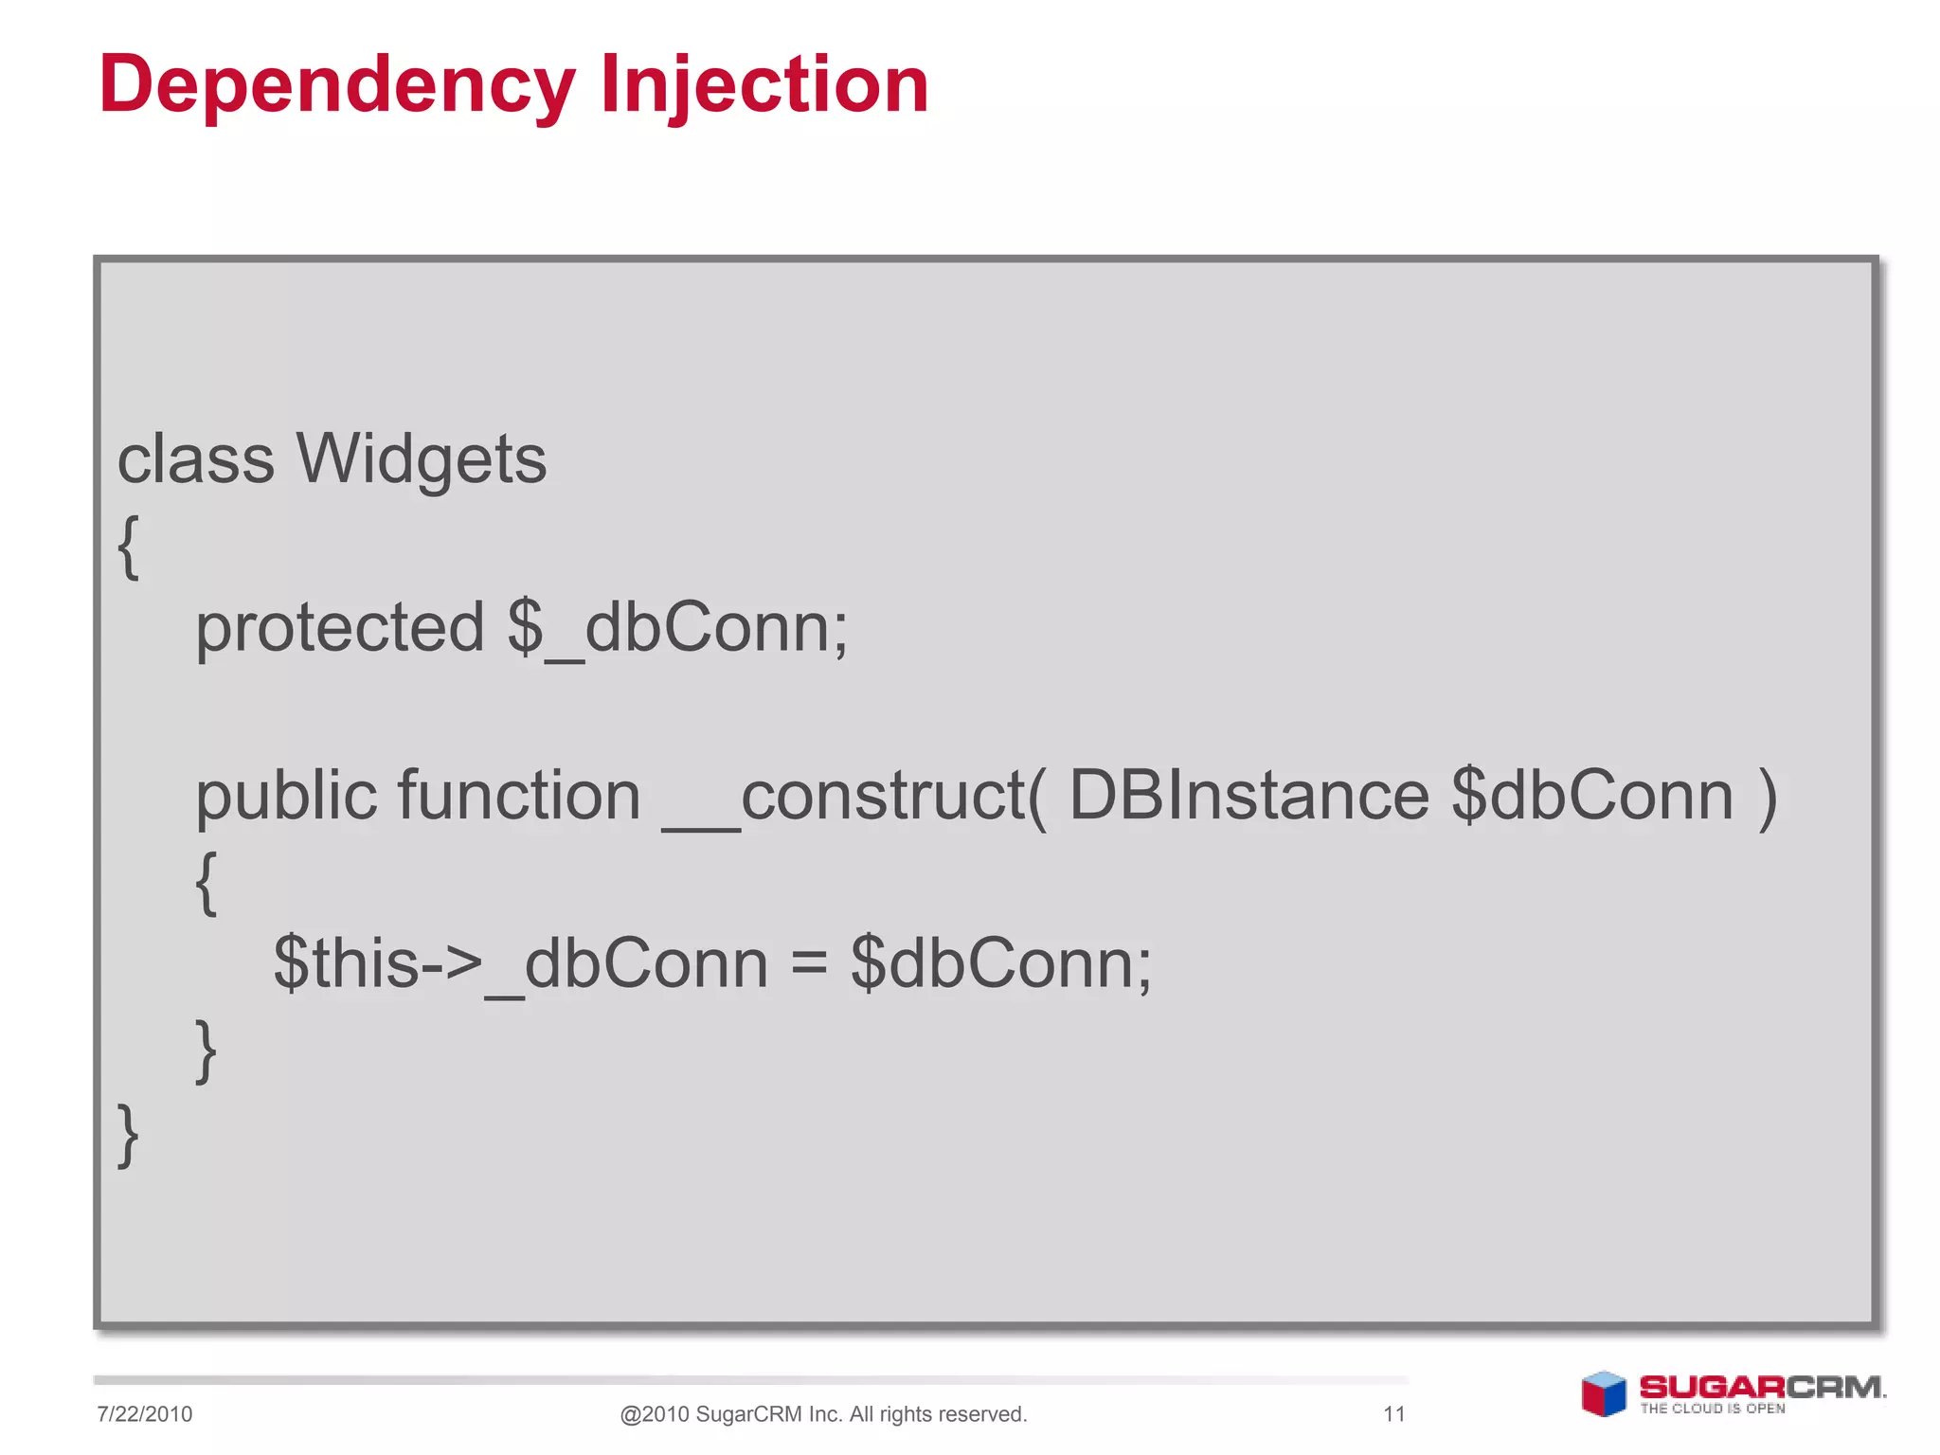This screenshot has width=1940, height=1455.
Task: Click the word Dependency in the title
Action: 336,85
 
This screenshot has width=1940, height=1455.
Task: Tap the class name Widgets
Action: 421,459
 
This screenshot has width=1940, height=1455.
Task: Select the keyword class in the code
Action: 195,459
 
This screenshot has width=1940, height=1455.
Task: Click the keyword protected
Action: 339,628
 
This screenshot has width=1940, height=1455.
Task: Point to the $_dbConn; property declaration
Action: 677,628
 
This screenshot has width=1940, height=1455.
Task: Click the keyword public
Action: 285,796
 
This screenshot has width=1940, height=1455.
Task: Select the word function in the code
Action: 519,796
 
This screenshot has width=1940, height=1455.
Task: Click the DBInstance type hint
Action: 1248,796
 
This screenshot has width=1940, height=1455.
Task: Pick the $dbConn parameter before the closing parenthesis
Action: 1591,796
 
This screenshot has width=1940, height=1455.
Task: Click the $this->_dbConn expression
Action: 520,963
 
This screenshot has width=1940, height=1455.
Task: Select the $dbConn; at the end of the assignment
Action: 1000,963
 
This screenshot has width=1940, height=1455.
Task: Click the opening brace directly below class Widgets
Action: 128,546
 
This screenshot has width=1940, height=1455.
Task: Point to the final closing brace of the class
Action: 128,1134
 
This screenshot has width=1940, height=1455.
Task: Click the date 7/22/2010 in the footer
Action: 144,1414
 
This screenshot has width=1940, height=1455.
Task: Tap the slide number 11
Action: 1393,1414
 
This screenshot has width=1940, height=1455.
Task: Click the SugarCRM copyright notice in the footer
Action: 823,1414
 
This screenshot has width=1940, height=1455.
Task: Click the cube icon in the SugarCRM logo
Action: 1603,1394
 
